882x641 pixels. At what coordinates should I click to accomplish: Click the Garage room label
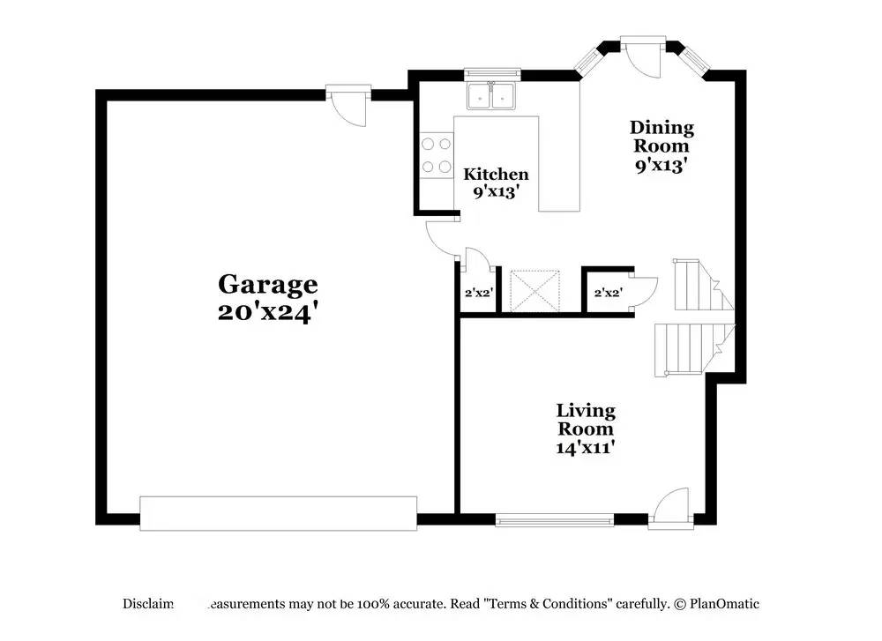(x=267, y=285)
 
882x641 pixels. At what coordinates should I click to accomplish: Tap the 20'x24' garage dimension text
(x=267, y=313)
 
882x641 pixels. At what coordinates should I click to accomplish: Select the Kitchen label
(x=496, y=174)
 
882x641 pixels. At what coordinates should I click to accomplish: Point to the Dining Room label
(x=662, y=138)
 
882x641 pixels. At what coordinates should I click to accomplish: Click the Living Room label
(x=586, y=420)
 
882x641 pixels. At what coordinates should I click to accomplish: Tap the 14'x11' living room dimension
(x=586, y=448)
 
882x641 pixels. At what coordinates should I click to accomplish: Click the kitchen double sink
(x=491, y=96)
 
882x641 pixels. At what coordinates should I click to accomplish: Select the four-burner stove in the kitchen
(x=437, y=154)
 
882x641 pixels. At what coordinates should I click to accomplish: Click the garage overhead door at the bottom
(x=278, y=512)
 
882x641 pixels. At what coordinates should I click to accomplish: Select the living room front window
(x=554, y=520)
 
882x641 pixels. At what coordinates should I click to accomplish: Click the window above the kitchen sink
(x=492, y=75)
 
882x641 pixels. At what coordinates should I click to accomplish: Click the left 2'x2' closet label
(x=478, y=293)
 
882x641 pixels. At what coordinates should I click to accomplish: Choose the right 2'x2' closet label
(x=608, y=293)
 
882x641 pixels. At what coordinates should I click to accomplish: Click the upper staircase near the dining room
(x=698, y=285)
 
